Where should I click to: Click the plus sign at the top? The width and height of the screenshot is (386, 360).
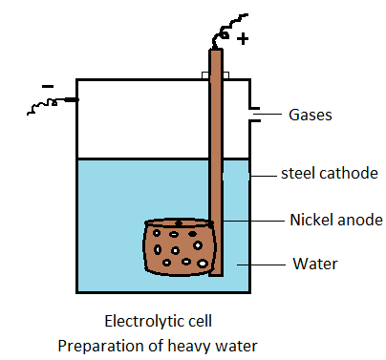pyautogui.click(x=243, y=39)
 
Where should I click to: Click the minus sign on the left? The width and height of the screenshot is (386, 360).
pyautogui.click(x=47, y=87)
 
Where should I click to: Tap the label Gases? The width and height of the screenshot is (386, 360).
pyautogui.click(x=311, y=115)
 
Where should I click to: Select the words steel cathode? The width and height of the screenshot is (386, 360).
pyautogui.click(x=326, y=173)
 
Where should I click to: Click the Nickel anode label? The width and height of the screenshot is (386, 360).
pyautogui.click(x=335, y=220)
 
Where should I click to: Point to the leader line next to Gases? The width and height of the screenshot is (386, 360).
pyautogui.click(x=267, y=115)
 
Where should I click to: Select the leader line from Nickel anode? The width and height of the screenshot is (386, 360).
pyautogui.click(x=253, y=221)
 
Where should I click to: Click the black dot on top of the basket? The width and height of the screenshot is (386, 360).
pyautogui.click(x=178, y=223)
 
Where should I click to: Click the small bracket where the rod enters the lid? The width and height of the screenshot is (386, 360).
pyautogui.click(x=215, y=74)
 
